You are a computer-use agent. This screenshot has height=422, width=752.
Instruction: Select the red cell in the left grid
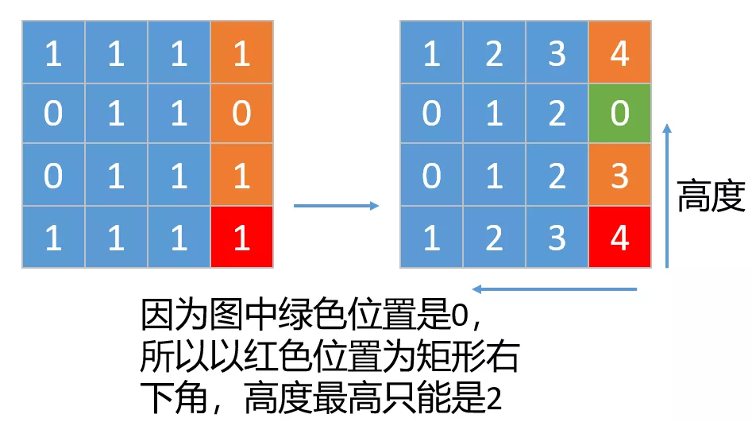(241, 237)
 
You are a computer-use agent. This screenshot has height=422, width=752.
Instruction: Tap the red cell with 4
(619, 237)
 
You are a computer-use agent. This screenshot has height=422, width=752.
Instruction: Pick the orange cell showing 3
(619, 176)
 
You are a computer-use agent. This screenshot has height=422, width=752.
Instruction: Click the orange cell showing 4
(619, 53)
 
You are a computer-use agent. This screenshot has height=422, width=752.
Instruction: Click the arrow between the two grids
(336, 207)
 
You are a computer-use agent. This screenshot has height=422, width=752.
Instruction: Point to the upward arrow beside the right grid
(667, 195)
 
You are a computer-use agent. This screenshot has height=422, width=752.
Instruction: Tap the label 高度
(711, 196)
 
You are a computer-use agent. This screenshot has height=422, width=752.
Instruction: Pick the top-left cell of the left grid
(53, 53)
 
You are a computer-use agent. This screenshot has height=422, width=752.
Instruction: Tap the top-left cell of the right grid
(431, 53)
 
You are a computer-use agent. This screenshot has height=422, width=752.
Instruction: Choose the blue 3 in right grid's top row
(557, 53)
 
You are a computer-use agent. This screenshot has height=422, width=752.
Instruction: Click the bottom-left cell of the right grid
(431, 237)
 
